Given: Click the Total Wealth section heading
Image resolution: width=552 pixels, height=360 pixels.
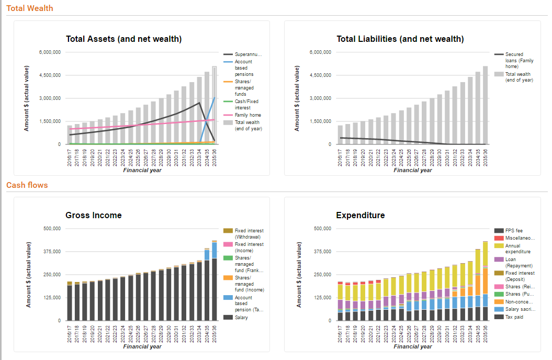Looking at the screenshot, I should pyautogui.click(x=29, y=8).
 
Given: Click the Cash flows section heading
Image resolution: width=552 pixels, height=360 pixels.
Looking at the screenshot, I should pyautogui.click(x=27, y=185).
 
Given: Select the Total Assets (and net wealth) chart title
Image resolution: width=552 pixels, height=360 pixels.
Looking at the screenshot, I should pyautogui.click(x=123, y=39).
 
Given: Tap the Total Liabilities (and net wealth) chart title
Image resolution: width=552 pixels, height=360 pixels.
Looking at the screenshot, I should pyautogui.click(x=400, y=39).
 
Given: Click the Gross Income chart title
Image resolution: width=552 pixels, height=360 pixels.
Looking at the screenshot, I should pyautogui.click(x=93, y=215).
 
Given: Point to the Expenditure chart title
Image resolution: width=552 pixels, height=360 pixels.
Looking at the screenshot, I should pyautogui.click(x=360, y=215).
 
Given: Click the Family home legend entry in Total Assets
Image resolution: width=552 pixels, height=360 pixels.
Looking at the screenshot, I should pyautogui.click(x=247, y=115).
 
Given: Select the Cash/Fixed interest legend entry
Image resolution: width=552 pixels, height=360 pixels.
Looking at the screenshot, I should pyautogui.click(x=246, y=105).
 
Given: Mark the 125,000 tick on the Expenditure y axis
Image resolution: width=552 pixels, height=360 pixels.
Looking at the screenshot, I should pyautogui.click(x=322, y=298).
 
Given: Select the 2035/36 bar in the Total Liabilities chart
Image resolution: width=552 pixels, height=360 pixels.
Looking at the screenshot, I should pyautogui.click(x=485, y=105).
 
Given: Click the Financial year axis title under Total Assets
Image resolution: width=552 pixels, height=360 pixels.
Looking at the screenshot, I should pyautogui.click(x=142, y=170).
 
